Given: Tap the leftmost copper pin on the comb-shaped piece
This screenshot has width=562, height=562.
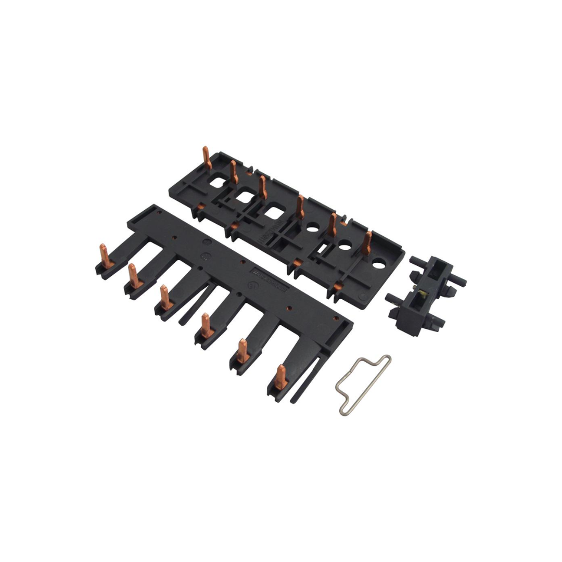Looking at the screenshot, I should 105,256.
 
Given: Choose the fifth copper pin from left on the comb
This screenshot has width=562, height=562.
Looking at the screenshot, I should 243,351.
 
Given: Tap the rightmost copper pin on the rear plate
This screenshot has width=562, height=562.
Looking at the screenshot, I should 367,242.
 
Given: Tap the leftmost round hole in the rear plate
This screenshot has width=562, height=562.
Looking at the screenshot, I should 313,226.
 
